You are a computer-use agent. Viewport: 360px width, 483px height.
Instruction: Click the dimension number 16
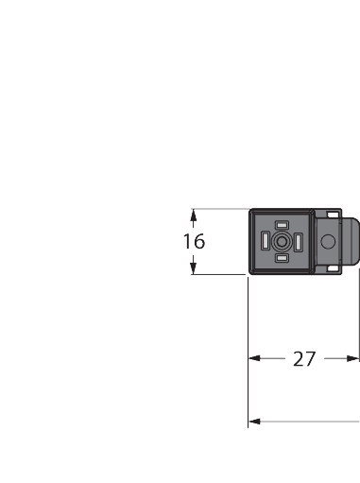point(194,242)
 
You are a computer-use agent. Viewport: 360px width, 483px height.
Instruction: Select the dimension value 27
point(303,359)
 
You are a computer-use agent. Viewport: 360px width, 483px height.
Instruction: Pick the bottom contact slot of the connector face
point(281,258)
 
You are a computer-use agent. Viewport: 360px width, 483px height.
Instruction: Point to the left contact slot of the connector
point(265,242)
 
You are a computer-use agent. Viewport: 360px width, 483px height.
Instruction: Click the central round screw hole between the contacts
point(281,242)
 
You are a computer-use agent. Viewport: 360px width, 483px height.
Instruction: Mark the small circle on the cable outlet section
point(328,242)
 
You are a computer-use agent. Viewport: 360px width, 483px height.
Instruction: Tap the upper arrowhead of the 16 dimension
point(194,214)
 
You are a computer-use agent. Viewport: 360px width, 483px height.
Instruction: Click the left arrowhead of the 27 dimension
point(254,359)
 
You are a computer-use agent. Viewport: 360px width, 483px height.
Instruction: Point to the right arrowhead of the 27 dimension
point(354,359)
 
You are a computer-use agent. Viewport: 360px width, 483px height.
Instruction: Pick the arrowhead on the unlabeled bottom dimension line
point(254,422)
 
